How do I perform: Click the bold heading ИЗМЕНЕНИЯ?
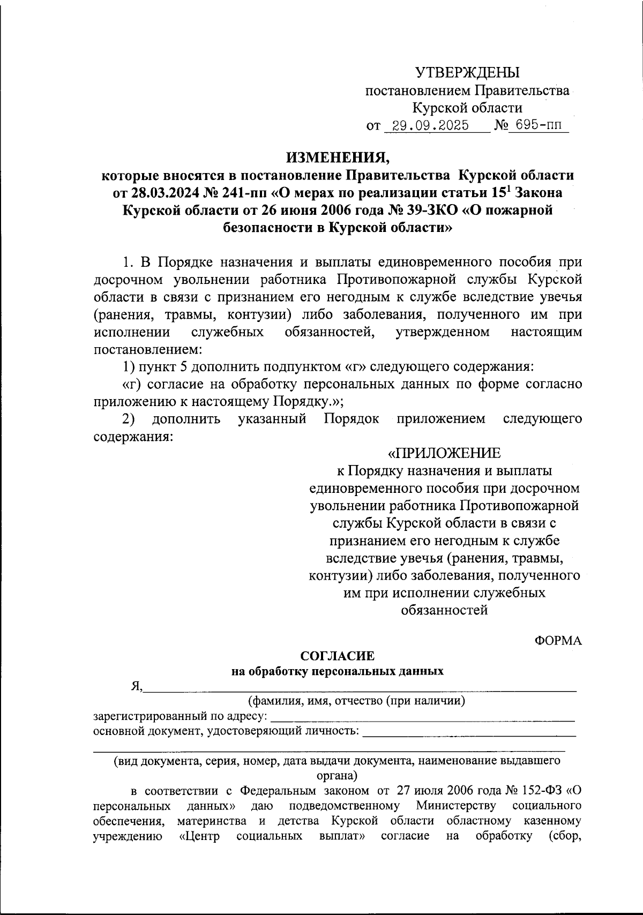pos(338,157)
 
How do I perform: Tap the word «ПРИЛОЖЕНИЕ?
pos(444,453)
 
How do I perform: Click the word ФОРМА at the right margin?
pos(558,640)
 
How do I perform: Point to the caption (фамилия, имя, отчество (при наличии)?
pos(356,701)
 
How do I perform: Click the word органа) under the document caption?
pos(337,775)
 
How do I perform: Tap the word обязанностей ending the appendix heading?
pos(444,610)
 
